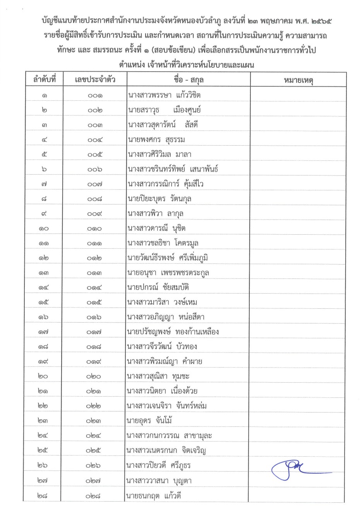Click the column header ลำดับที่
45,80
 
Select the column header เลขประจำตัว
95,80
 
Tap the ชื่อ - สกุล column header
189,80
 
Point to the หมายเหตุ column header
298,80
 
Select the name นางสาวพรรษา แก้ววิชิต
164,95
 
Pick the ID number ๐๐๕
95,155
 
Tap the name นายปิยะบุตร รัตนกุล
159,199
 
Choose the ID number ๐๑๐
95,229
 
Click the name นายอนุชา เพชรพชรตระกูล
168,273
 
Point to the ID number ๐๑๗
95,332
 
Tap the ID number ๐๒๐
95,376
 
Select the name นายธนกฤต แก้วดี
154,495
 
